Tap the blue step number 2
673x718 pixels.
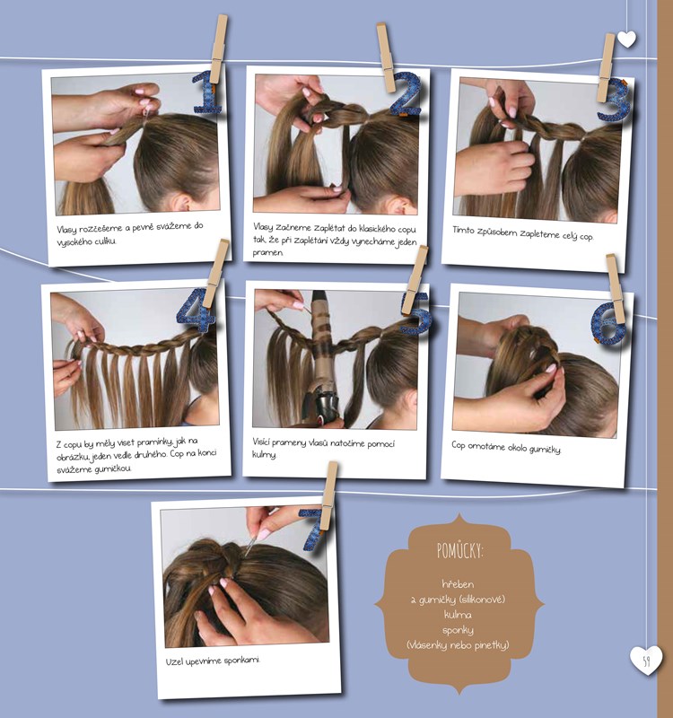tap(406, 93)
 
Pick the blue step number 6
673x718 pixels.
tap(607, 323)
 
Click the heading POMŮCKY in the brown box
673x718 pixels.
tap(459, 550)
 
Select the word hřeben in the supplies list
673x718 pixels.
tap(458, 584)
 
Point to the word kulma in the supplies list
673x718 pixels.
tap(458, 615)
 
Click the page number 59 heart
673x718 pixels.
tap(646, 661)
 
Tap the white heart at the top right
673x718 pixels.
tap(626, 39)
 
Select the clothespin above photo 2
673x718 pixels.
tap(386, 58)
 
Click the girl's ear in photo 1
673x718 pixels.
tap(182, 203)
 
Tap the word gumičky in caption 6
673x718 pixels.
tap(545, 450)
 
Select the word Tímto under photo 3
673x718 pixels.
tap(463, 230)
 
